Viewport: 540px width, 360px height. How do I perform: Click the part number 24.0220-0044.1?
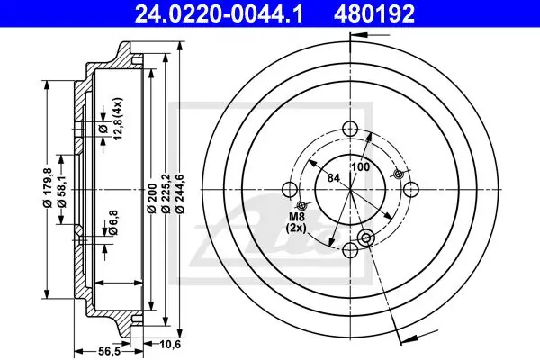tap(219, 13)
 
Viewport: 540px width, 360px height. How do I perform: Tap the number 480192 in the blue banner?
tap(373, 13)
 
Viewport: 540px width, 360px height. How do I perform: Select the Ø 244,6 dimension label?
tap(181, 194)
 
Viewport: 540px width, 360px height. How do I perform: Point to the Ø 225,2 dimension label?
tap(166, 194)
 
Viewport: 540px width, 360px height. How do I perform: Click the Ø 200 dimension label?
tap(152, 198)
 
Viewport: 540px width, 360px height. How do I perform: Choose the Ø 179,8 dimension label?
tap(47, 188)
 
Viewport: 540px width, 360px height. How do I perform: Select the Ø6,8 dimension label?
tap(112, 222)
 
